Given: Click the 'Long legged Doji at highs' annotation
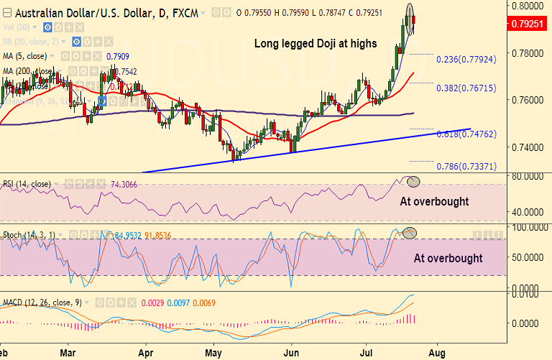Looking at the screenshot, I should (x=316, y=44).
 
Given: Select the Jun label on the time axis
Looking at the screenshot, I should (x=292, y=354).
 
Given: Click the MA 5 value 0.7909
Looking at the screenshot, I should (x=118, y=55).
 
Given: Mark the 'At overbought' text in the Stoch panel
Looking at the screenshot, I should (x=448, y=259).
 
